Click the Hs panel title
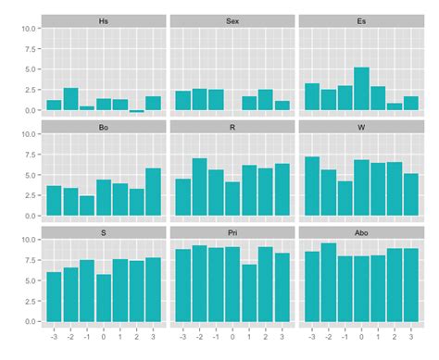(103, 19)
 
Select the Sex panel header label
(232, 19)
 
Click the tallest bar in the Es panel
(361, 89)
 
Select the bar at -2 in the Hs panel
(70, 99)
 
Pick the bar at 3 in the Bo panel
(153, 192)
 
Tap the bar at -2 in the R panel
(199, 187)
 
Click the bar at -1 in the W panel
(345, 198)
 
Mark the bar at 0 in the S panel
(104, 297)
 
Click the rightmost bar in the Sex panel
(282, 106)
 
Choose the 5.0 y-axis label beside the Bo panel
(30, 175)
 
